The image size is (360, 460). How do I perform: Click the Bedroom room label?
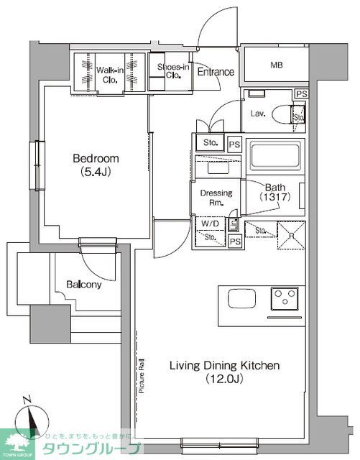tap(95, 159)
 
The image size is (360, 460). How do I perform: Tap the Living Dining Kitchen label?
tap(224, 366)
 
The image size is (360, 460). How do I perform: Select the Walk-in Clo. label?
tap(111, 73)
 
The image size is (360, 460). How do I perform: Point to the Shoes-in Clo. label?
tap(173, 72)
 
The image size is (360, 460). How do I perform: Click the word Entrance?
tap(216, 72)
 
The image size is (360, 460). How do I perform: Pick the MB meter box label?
tap(276, 65)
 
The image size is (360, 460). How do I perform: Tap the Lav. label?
tap(259, 113)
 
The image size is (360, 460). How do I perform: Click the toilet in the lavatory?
tap(296, 114)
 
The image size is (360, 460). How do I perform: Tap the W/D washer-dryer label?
tap(207, 223)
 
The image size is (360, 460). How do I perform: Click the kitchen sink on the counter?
tap(239, 298)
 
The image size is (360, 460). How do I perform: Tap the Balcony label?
tap(83, 284)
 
